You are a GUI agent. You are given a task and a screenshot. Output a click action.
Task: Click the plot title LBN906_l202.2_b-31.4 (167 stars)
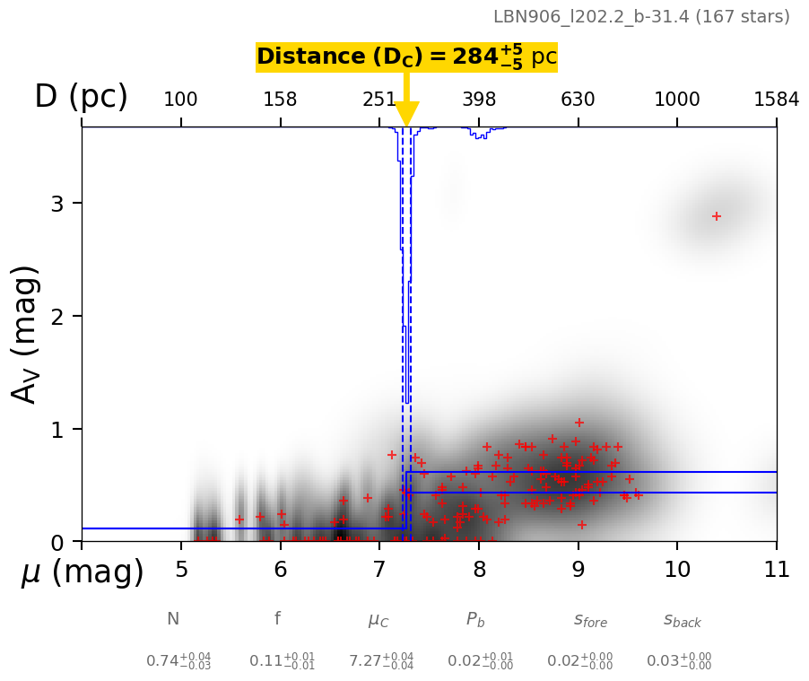(x=641, y=17)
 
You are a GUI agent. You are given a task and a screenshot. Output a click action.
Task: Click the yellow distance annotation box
(x=406, y=57)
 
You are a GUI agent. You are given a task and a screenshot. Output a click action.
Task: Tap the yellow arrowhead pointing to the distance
(x=406, y=115)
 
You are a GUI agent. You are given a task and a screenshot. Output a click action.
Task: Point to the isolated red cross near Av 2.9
(x=717, y=216)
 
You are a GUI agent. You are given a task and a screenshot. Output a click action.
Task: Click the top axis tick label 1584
(x=776, y=100)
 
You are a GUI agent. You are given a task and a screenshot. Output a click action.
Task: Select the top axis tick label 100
(x=180, y=100)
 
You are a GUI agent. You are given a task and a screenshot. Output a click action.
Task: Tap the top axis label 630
(x=578, y=100)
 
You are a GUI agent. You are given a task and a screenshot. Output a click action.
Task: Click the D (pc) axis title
(x=81, y=97)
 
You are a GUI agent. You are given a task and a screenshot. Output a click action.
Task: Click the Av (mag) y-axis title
(x=26, y=334)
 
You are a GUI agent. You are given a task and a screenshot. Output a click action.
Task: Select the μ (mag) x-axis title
(x=82, y=572)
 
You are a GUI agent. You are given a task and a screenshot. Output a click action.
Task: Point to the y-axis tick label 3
(x=58, y=204)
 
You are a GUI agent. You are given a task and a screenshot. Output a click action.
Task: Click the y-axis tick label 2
(x=58, y=317)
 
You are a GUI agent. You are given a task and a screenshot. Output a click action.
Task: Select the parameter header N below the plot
(x=173, y=619)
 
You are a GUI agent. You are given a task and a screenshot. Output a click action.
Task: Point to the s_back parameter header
(x=683, y=620)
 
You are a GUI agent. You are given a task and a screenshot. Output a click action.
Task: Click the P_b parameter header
(x=475, y=619)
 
